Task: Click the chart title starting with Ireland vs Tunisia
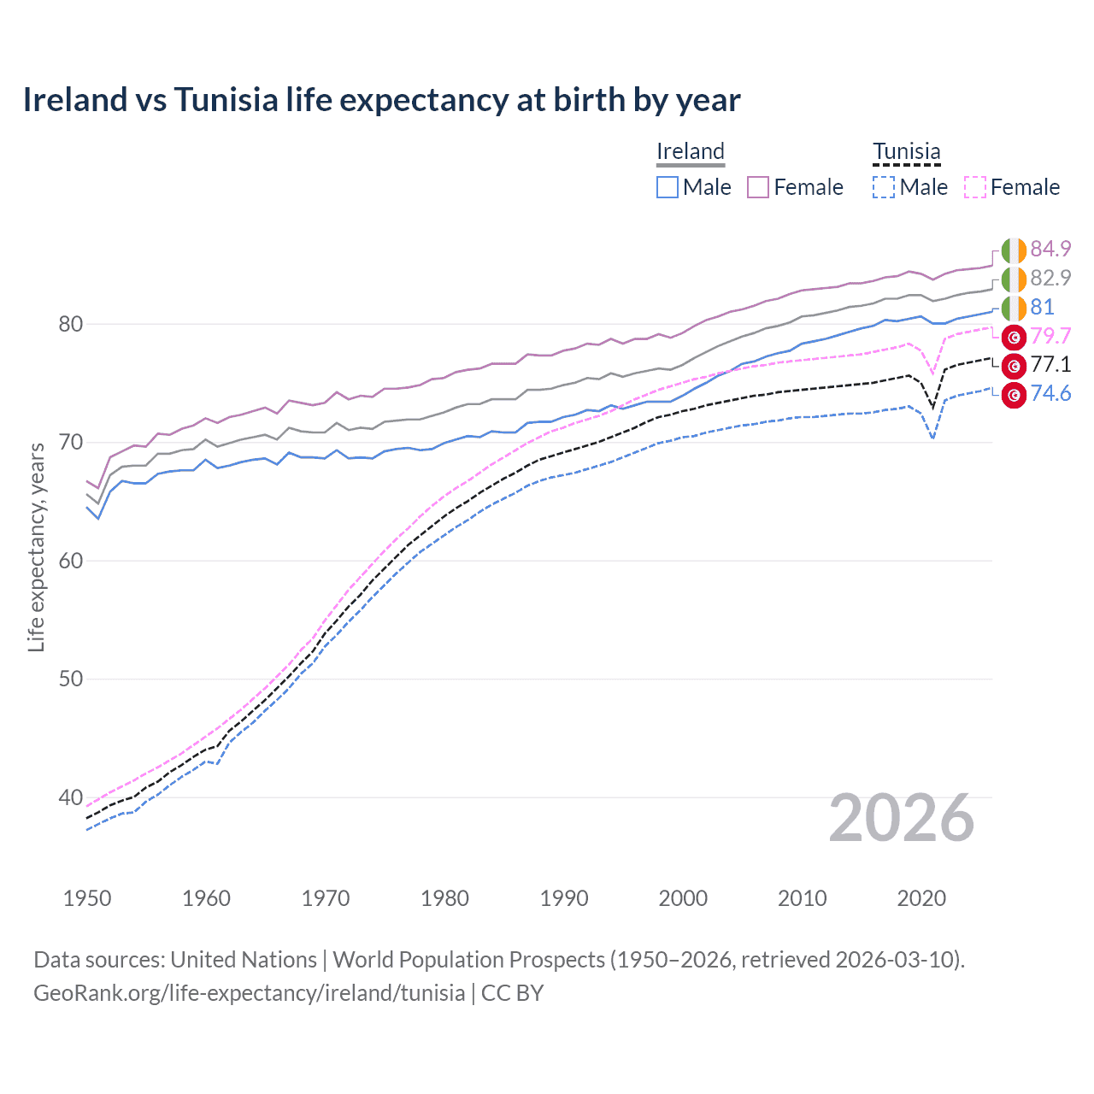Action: click(x=381, y=100)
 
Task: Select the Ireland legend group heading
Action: click(x=690, y=151)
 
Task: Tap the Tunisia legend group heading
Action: click(x=906, y=151)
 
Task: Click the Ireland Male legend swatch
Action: click(x=668, y=187)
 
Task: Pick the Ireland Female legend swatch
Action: click(x=758, y=187)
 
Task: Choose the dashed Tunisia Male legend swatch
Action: click(x=884, y=187)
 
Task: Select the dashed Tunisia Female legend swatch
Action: click(x=974, y=187)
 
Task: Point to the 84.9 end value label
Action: click(x=1050, y=249)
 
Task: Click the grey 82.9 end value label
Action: click(x=1050, y=278)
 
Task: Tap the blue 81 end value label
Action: click(x=1042, y=307)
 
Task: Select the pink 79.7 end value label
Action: click(x=1050, y=336)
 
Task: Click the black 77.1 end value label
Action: click(x=1050, y=365)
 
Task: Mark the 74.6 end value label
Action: click(x=1050, y=393)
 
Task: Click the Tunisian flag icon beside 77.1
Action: click(x=1014, y=366)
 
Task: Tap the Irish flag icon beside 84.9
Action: click(x=1014, y=250)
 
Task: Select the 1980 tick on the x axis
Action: click(x=444, y=898)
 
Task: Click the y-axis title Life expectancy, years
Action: click(x=36, y=547)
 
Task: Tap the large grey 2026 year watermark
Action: click(x=901, y=819)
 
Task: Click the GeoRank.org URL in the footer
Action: click(x=249, y=993)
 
